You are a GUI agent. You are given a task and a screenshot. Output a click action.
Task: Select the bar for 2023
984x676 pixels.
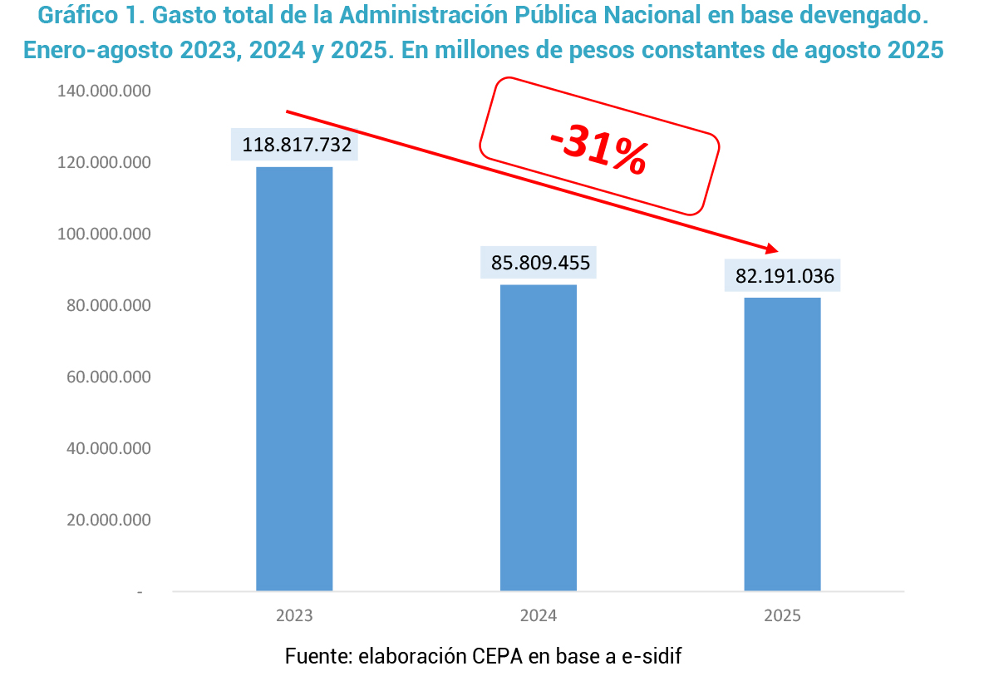click(294, 379)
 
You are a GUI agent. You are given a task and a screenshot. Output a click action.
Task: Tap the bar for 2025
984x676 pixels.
click(782, 444)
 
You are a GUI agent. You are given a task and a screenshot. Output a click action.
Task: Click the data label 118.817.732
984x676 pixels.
click(297, 145)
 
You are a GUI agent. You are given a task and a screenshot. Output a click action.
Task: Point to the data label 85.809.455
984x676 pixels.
click(540, 264)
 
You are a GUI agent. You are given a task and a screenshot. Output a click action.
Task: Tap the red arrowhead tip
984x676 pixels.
click(777, 250)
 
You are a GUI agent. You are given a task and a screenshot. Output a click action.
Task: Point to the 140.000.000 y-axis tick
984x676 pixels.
click(104, 91)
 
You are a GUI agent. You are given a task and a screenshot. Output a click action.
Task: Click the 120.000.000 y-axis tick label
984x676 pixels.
click(104, 162)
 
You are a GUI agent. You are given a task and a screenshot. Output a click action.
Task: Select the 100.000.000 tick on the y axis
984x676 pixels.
click(104, 234)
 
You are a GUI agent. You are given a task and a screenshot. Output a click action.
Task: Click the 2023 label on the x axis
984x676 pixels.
click(294, 616)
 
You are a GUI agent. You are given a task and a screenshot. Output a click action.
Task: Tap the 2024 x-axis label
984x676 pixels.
click(538, 616)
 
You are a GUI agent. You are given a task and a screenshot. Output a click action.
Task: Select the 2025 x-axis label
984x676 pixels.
click(782, 616)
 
